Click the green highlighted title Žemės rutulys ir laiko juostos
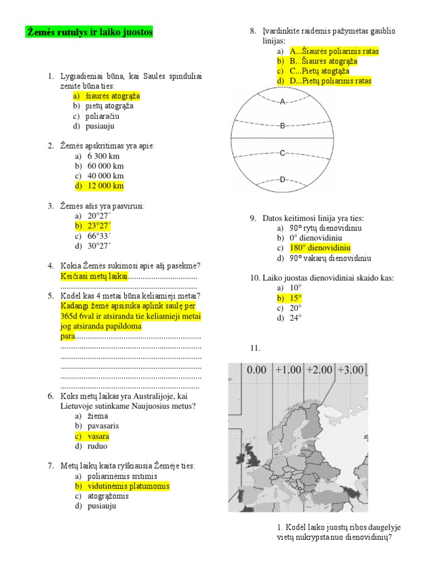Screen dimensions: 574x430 (x=90, y=33)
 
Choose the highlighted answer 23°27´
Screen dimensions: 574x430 (x=99, y=226)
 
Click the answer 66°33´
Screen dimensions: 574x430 (x=99, y=236)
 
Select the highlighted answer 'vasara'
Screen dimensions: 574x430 (x=98, y=436)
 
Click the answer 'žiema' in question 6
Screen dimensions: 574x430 (x=97, y=416)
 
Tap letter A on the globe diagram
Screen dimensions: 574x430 (x=283, y=101)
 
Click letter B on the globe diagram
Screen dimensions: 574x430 (x=283, y=126)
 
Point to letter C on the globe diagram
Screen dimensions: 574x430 (x=283, y=152)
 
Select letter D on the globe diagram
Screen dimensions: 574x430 (x=283, y=179)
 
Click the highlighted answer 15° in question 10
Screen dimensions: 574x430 (x=295, y=298)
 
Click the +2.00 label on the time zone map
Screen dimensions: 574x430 (x=319, y=370)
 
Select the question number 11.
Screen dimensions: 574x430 (x=255, y=348)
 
